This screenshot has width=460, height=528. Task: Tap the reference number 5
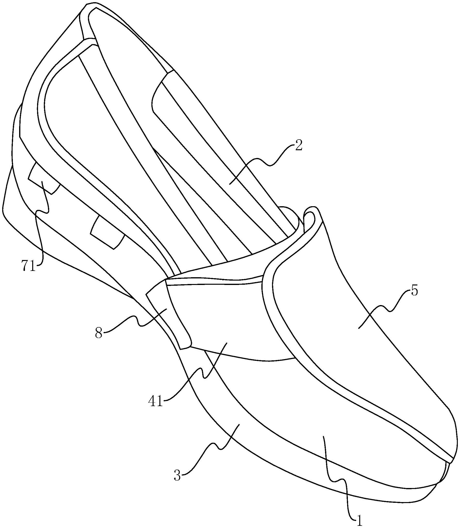point(414,291)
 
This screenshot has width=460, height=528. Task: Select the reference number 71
point(28,267)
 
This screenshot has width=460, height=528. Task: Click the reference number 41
point(156,402)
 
